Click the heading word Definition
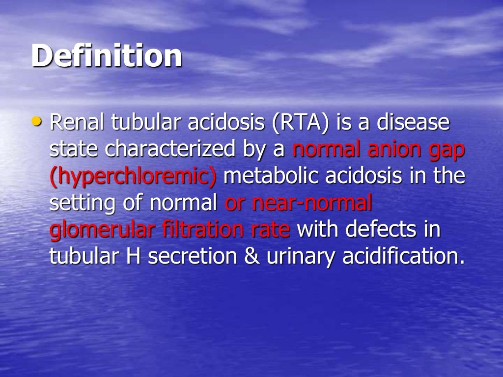[107, 55]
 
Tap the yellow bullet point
[37, 121]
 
